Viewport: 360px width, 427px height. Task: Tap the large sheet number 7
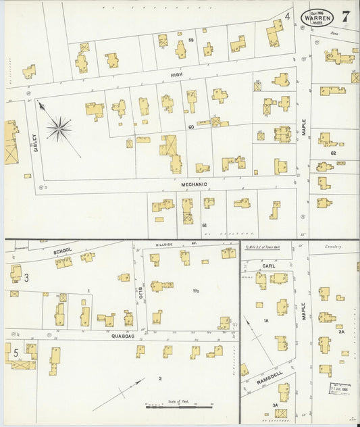[x=345, y=17]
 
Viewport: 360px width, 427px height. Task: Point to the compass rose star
[x=59, y=128]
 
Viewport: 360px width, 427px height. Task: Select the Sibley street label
[x=35, y=143]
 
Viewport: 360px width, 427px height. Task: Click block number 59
[x=191, y=41]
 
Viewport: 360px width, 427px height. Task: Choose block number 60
[x=191, y=126]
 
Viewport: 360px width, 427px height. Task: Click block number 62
[x=333, y=153]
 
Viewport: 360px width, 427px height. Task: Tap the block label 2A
[x=341, y=332]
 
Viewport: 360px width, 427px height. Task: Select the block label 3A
[x=276, y=405]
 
